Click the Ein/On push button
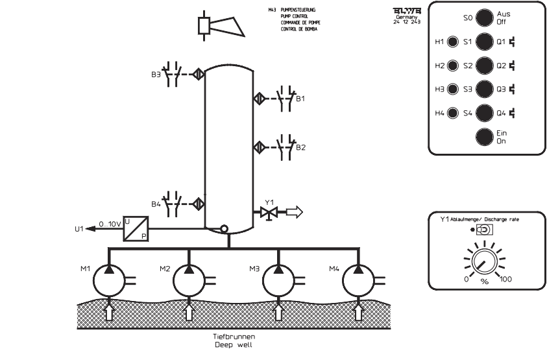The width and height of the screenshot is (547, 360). [x=483, y=137]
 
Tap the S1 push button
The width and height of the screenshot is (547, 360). [x=483, y=42]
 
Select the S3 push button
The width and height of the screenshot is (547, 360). [x=483, y=89]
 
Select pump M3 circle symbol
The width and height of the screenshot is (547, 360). [x=279, y=280]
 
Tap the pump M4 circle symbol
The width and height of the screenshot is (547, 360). [x=359, y=280]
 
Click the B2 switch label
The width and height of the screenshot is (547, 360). [x=300, y=147]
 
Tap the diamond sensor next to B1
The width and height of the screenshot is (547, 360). [x=258, y=99]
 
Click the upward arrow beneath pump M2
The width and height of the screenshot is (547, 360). [x=189, y=312]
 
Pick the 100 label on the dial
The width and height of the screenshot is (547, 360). [x=507, y=279]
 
